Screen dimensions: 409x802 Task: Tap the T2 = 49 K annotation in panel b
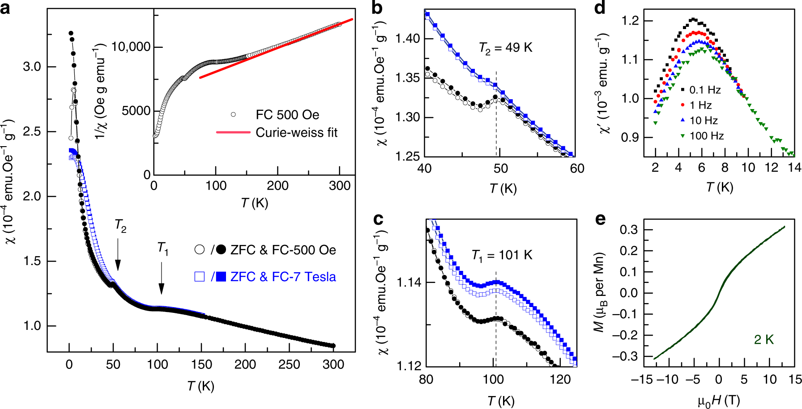coord(506,47)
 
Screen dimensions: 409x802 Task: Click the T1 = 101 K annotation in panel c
coord(502,255)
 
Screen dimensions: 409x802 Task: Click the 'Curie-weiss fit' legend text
coord(296,132)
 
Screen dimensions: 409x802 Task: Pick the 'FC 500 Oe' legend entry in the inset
coord(287,115)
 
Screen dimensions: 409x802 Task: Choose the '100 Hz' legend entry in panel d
coord(707,136)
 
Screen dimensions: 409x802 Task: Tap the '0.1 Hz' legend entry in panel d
coord(705,90)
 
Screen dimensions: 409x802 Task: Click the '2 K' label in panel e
coord(764,340)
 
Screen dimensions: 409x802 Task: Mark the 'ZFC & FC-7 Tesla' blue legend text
coord(283,277)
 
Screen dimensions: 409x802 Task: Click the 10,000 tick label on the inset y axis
coord(131,46)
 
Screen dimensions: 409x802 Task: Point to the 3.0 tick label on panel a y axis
coord(32,67)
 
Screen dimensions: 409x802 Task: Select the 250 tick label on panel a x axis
coord(289,364)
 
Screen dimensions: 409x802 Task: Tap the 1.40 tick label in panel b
coord(408,39)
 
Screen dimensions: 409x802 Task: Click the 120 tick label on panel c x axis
coord(560,379)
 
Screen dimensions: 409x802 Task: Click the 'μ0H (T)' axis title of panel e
coord(719,401)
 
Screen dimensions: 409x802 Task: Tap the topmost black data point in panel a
coord(71,33)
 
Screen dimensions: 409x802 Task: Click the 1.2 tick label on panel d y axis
coord(630,21)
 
